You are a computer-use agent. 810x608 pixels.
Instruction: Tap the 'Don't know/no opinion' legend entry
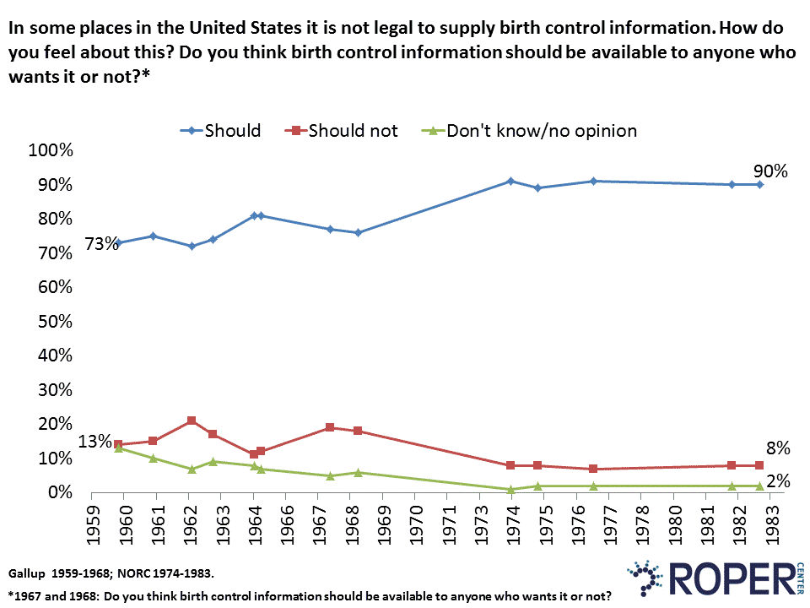(541, 131)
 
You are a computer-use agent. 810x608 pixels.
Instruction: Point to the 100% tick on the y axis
(52, 150)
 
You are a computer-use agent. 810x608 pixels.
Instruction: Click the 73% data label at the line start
(100, 246)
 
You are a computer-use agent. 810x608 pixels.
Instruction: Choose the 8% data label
(775, 448)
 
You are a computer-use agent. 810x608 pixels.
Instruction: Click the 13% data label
(95, 442)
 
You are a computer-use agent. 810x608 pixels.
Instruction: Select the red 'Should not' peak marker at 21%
(192, 421)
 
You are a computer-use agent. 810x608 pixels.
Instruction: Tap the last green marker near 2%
(759, 486)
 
